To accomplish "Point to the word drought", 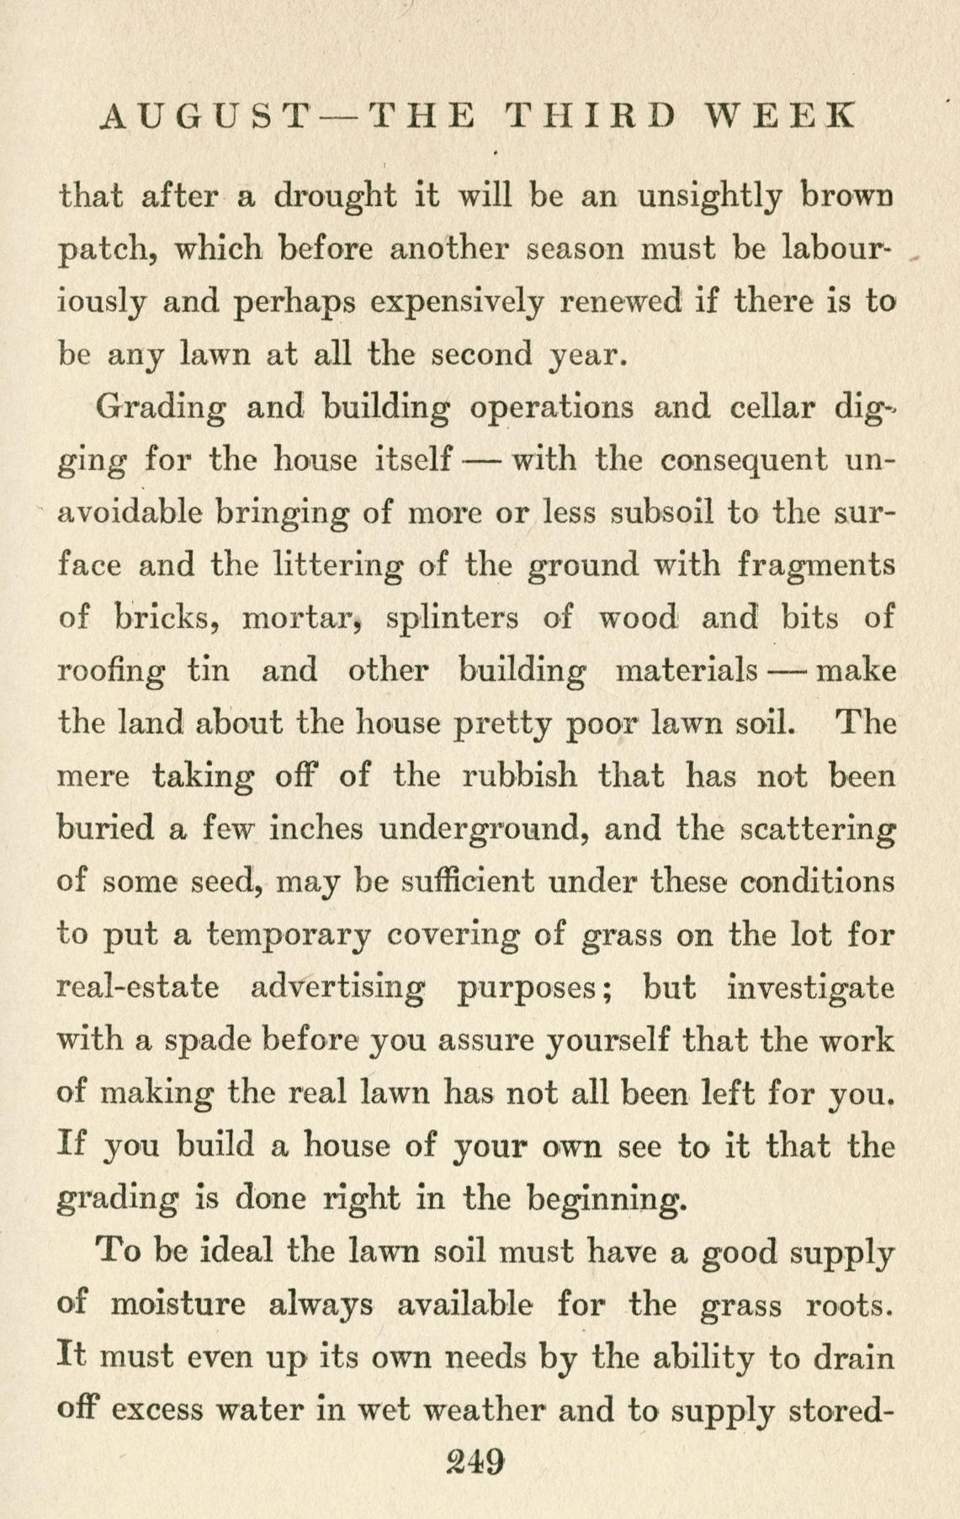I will pos(337,197).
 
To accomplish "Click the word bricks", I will pos(165,618).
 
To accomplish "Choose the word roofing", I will pos(112,671).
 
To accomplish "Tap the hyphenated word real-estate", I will pos(137,986).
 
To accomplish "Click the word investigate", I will pos(809,986).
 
